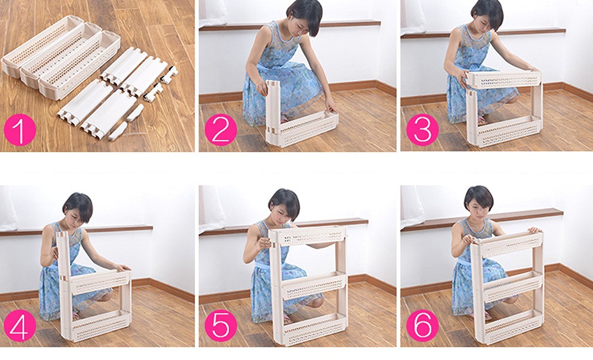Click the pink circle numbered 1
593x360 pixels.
[x=20, y=130]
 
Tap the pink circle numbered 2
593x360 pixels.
[x=221, y=130]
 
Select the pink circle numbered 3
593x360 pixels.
[x=423, y=130]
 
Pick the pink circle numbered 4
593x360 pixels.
[x=20, y=326]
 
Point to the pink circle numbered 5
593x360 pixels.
[x=221, y=326]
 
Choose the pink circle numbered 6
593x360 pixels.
[x=423, y=326]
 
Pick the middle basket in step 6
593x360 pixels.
[x=511, y=288]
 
